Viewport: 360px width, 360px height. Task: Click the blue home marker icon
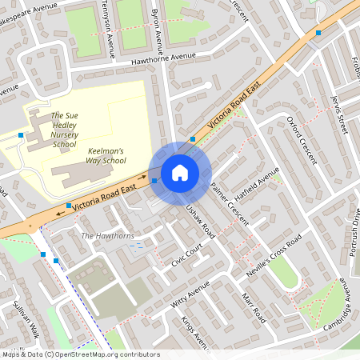click(x=179, y=172)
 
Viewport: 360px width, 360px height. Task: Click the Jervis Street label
click(x=340, y=112)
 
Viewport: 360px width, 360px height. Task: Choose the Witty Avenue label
click(x=190, y=295)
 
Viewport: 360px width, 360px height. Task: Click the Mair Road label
click(x=254, y=307)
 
